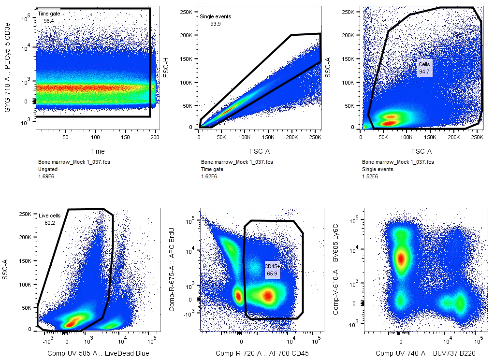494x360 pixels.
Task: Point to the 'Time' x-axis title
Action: [98, 151]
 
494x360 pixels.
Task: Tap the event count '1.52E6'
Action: [370, 177]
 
